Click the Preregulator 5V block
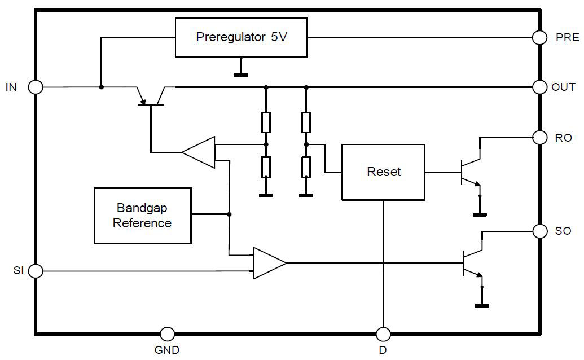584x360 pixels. point(241,37)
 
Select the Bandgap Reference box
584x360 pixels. point(142,215)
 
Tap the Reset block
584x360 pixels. point(383,172)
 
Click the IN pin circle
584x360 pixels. point(36,87)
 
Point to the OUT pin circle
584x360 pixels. point(540,87)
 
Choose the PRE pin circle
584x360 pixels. point(540,37)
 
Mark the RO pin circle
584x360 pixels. point(540,137)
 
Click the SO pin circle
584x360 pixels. point(540,231)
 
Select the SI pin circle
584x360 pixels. point(36,271)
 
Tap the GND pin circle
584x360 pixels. point(167,333)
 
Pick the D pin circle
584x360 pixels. point(383,333)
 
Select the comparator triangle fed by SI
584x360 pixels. point(269,263)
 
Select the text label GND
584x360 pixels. point(167,350)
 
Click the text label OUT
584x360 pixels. point(563,87)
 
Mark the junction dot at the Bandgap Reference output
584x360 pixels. point(229,214)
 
